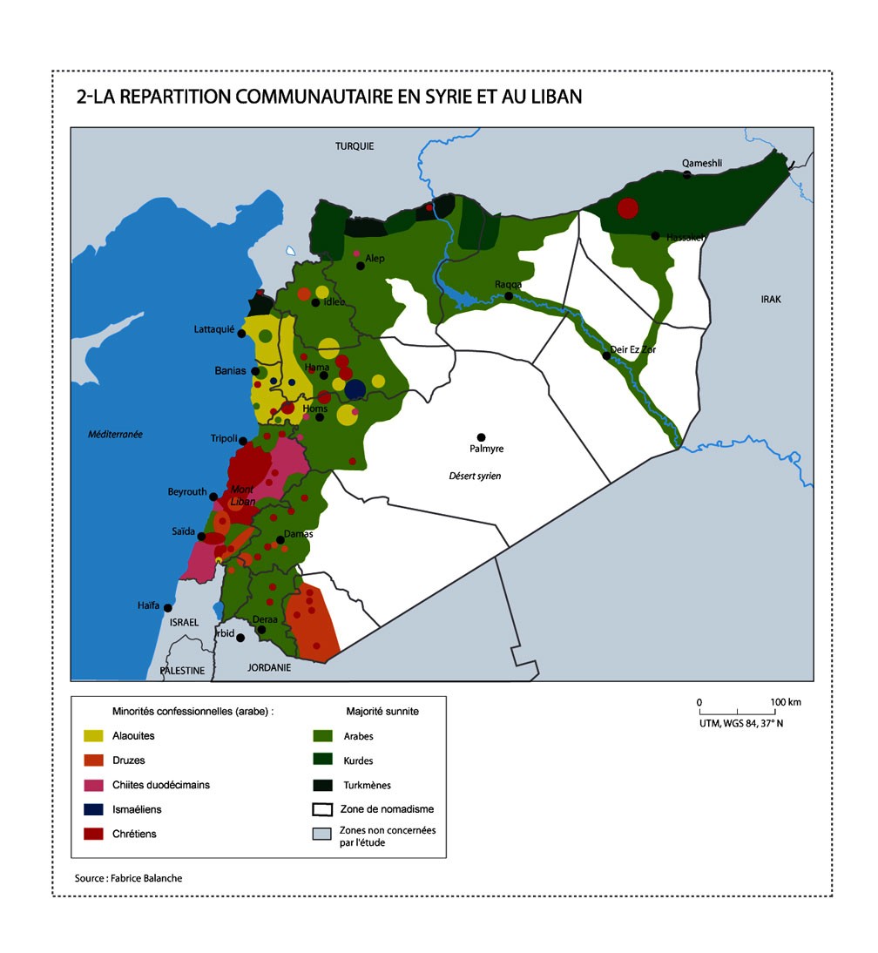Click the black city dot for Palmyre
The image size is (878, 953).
tap(480, 437)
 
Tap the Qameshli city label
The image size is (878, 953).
tap(702, 163)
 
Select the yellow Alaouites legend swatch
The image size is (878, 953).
tap(94, 736)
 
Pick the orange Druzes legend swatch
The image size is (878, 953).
tap(94, 760)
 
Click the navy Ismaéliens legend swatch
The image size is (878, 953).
tap(94, 809)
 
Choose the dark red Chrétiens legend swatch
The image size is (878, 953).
tap(94, 834)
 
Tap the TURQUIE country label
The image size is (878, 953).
tap(355, 146)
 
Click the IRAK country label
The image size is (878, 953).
tap(771, 300)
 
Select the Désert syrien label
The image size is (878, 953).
tap(475, 476)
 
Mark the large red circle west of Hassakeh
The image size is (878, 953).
tap(627, 208)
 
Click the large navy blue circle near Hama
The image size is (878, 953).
tap(355, 389)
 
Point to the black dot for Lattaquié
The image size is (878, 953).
tap(241, 333)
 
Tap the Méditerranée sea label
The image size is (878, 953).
tap(115, 435)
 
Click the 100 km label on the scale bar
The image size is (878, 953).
tap(786, 702)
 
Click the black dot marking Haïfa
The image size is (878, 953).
tap(167, 608)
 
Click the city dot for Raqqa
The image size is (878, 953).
tap(509, 297)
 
